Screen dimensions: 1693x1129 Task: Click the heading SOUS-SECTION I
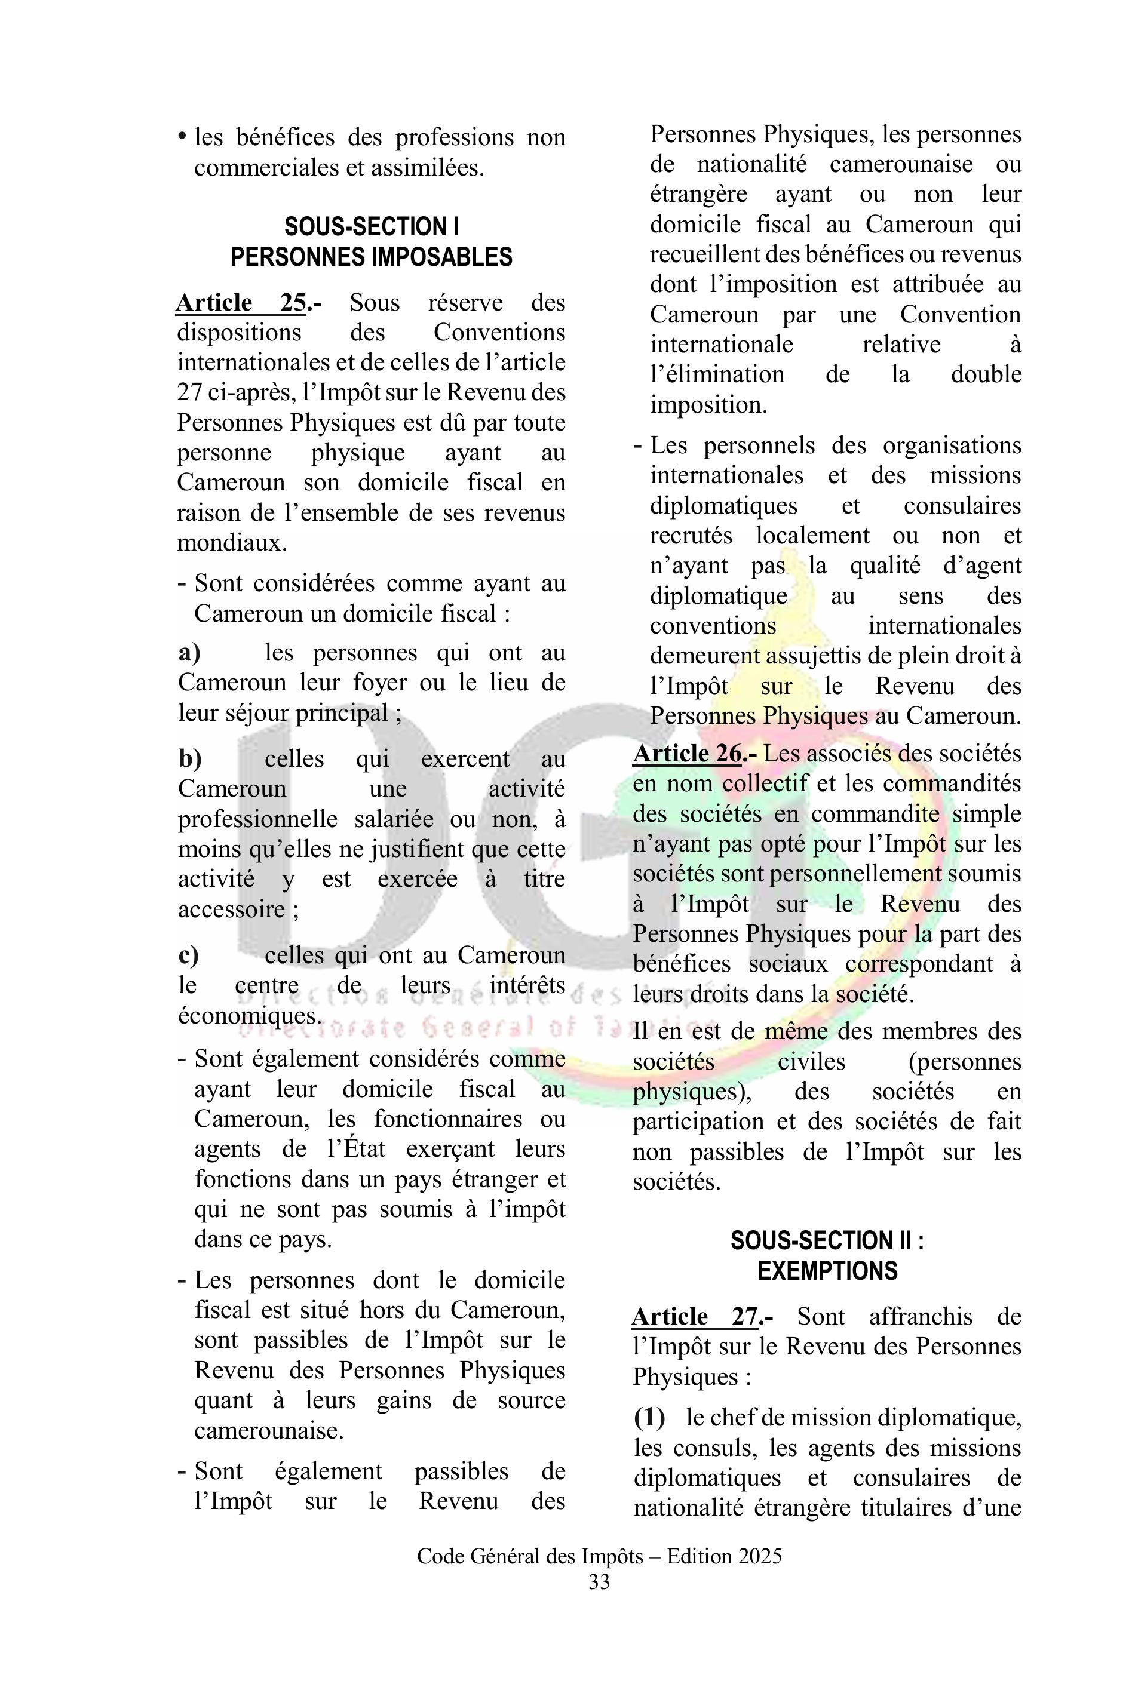tap(372, 227)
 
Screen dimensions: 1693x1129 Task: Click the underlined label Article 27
tap(695, 1317)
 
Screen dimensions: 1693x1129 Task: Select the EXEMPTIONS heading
tap(827, 1271)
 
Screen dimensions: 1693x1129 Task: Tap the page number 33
tap(599, 1582)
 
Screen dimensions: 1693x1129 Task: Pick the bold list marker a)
tap(189, 653)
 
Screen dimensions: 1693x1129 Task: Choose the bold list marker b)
tap(190, 758)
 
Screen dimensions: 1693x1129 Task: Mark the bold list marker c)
tap(189, 955)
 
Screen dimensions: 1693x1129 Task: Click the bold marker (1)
tap(649, 1417)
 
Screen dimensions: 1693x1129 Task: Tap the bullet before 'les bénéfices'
tap(182, 137)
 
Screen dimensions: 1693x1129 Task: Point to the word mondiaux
tap(232, 543)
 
